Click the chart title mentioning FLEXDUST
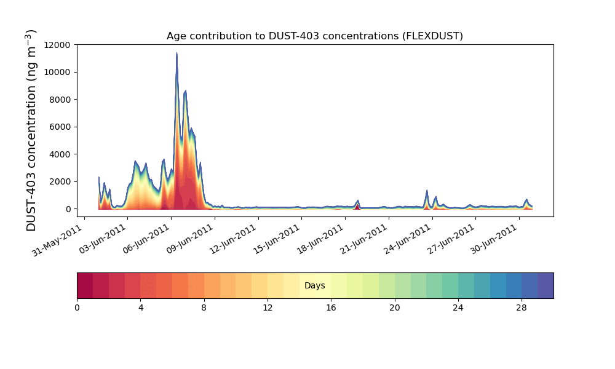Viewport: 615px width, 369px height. coord(314,36)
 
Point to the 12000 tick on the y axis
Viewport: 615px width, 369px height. coord(59,45)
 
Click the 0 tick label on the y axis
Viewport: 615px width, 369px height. coord(69,209)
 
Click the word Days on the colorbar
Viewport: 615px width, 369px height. coord(315,286)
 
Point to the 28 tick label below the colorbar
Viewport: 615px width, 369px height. coord(522,307)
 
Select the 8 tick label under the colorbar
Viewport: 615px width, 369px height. coord(204,307)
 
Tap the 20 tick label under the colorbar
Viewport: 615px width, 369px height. coord(394,307)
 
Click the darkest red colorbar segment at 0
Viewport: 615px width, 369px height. coord(85,285)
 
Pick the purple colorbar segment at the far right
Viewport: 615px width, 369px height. coord(546,285)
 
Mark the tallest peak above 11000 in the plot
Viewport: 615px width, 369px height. coord(177,54)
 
